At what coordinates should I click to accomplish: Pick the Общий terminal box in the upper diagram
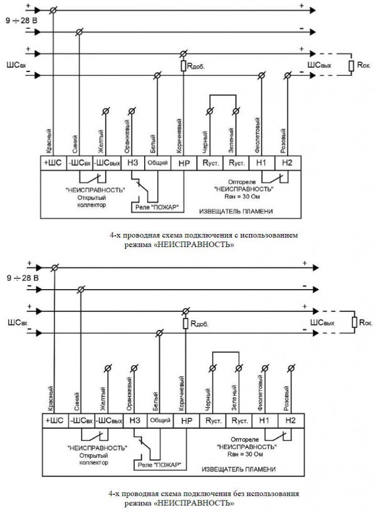pos(157,162)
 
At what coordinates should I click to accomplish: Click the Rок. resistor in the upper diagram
pos(353,65)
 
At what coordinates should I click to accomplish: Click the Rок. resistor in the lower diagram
pos(355,322)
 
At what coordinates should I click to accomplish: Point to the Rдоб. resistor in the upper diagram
pos(184,65)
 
